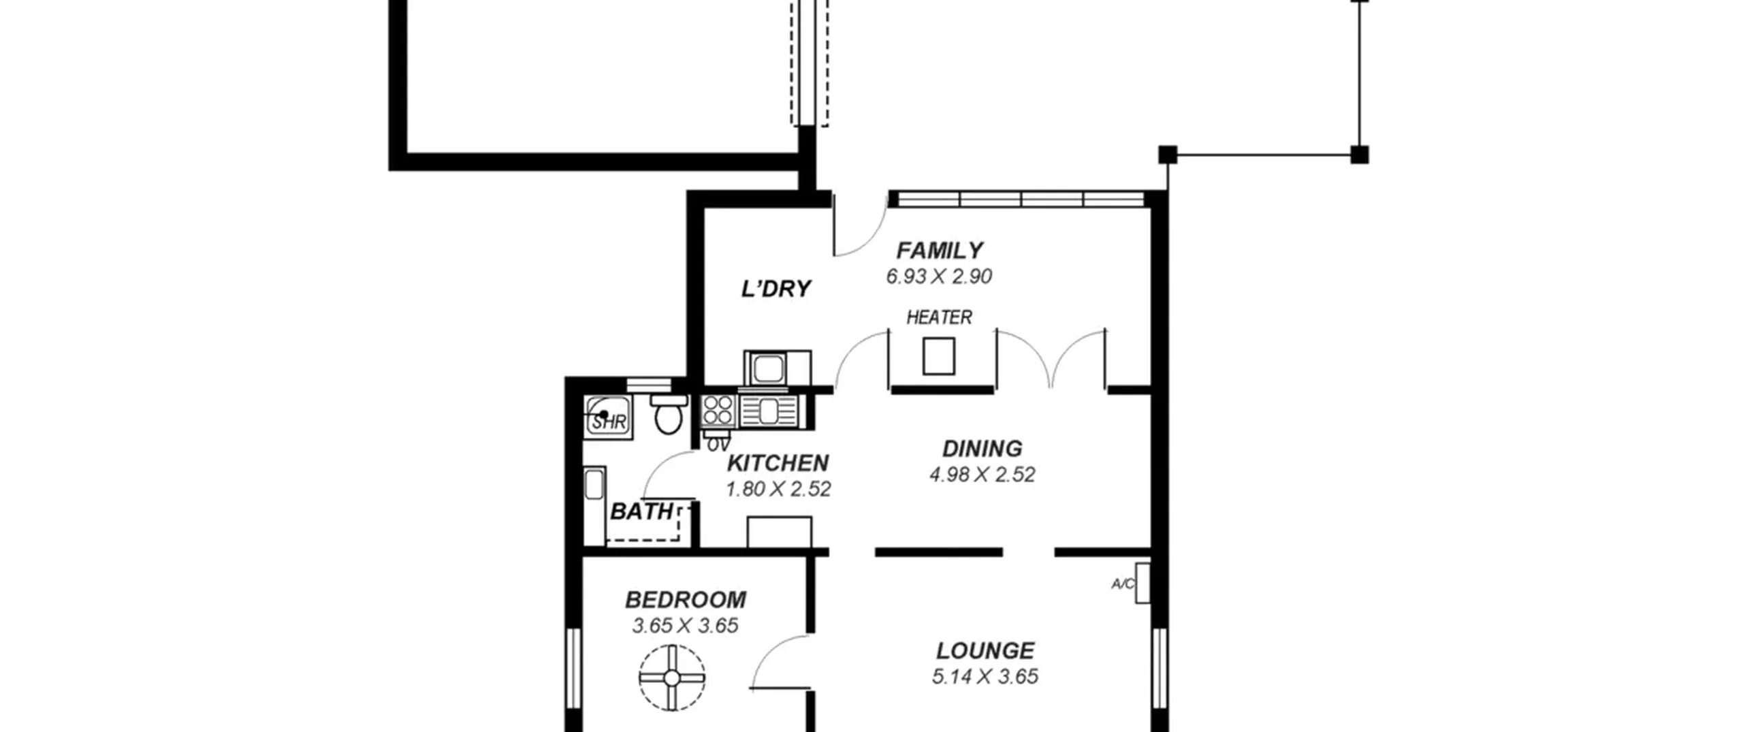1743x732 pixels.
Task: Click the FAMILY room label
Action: click(939, 251)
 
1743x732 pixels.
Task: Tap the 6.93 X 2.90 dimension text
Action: click(939, 276)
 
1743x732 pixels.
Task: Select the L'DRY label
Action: click(776, 289)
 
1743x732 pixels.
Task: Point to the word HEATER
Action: click(939, 317)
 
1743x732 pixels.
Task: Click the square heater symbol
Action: click(938, 356)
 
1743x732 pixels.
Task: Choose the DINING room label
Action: click(982, 449)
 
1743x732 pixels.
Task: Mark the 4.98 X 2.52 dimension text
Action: click(982, 475)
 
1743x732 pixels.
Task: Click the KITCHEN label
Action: click(778, 463)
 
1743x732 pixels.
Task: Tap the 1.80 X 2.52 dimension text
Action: click(778, 489)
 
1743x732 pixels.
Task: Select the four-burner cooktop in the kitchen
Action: click(718, 411)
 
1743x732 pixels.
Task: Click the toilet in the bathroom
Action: click(668, 413)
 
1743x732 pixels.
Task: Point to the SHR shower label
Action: click(609, 422)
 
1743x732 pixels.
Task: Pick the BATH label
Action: click(641, 511)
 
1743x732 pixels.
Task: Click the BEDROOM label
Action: click(686, 600)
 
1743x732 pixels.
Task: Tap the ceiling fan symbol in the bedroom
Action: click(671, 678)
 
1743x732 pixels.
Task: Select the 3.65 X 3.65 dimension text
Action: click(686, 626)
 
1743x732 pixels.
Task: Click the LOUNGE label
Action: click(985, 651)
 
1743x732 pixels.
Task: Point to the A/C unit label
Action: click(1123, 584)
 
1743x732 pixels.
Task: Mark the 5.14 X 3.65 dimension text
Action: click(985, 677)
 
